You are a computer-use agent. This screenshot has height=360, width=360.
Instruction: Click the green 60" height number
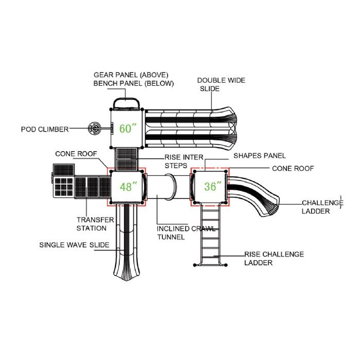pos(127,128)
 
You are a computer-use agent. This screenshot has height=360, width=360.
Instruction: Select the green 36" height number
pos(210,186)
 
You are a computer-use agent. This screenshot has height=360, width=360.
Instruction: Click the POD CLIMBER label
pos(45,129)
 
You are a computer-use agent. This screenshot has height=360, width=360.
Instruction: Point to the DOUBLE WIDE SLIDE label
pos(221,84)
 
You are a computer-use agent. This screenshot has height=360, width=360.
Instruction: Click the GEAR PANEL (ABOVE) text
pos(131,75)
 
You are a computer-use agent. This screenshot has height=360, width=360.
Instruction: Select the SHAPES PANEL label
pos(259,155)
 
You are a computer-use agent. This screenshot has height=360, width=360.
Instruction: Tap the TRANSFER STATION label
pos(95,224)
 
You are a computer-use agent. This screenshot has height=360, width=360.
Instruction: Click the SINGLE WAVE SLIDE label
pos(74,245)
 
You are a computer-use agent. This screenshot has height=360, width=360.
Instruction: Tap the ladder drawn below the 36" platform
pos(210,237)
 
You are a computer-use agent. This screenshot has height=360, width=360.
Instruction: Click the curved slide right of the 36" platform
pos(255,193)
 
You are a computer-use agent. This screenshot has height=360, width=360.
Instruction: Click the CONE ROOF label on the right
pos(293,168)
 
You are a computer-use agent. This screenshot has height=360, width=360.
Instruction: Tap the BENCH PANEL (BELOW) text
pos(133,83)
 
